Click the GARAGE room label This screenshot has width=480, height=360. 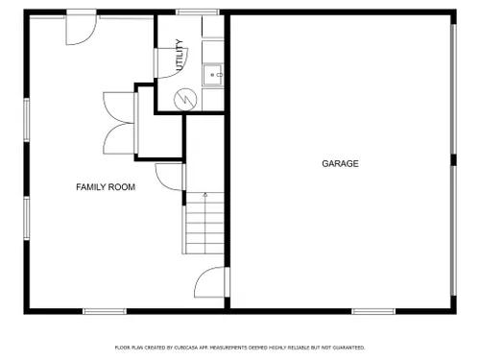(340, 163)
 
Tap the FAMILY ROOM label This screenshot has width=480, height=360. (106, 187)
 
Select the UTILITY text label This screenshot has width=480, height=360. (180, 55)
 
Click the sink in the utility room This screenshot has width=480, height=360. (213, 75)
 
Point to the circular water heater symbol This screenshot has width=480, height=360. (185, 100)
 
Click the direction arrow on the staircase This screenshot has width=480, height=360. (205, 195)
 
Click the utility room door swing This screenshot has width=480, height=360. (171, 63)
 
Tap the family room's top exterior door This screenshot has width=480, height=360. (82, 27)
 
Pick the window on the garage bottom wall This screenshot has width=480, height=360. (373, 311)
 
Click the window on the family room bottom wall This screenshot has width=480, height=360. (105, 311)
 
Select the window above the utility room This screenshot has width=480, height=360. (198, 12)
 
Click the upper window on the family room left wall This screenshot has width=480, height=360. (27, 120)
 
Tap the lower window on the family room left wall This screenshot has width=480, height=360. (27, 218)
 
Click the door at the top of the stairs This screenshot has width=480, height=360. (170, 177)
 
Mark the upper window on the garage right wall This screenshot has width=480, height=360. (453, 89)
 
